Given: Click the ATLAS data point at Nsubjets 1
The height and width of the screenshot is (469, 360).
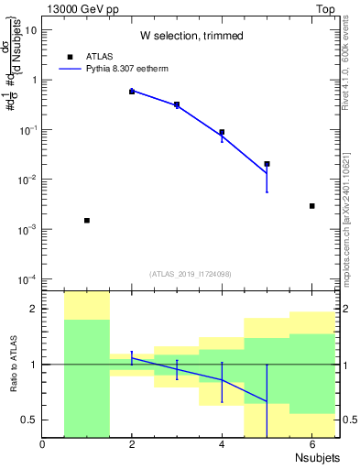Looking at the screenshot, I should [x=87, y=221].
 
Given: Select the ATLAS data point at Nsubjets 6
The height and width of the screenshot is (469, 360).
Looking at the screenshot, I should [x=312, y=206].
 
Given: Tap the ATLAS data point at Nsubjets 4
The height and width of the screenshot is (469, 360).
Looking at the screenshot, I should [x=222, y=132].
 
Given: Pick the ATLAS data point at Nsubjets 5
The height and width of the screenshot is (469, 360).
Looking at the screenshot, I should [x=267, y=164].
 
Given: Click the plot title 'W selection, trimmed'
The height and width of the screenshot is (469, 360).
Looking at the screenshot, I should [x=191, y=37].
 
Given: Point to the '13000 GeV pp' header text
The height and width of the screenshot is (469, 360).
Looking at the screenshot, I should [x=76, y=8].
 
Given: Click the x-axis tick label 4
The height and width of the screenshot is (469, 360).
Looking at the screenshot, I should [x=222, y=445].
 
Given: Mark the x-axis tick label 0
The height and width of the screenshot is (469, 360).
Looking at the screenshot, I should [x=42, y=445].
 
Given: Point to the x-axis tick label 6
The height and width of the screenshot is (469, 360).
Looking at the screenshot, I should [x=311, y=445].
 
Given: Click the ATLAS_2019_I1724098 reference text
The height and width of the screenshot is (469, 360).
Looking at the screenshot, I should [x=191, y=273].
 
